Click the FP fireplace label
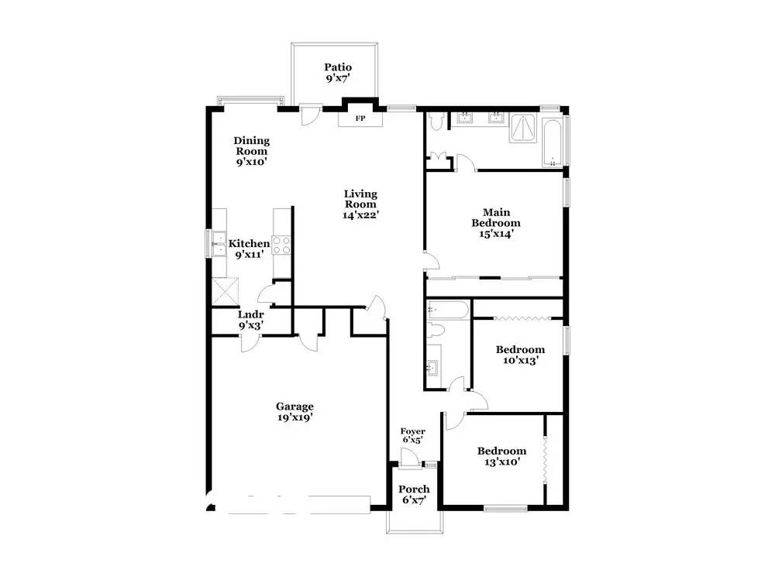(x=360, y=119)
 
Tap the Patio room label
(x=338, y=67)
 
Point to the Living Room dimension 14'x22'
(x=361, y=215)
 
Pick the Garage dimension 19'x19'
(x=294, y=417)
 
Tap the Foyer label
(x=412, y=431)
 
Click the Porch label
(x=414, y=489)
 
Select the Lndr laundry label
(x=251, y=314)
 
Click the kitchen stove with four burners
(x=282, y=245)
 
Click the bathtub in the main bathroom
(x=553, y=141)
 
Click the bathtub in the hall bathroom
(x=447, y=311)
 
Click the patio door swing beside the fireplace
(x=310, y=115)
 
